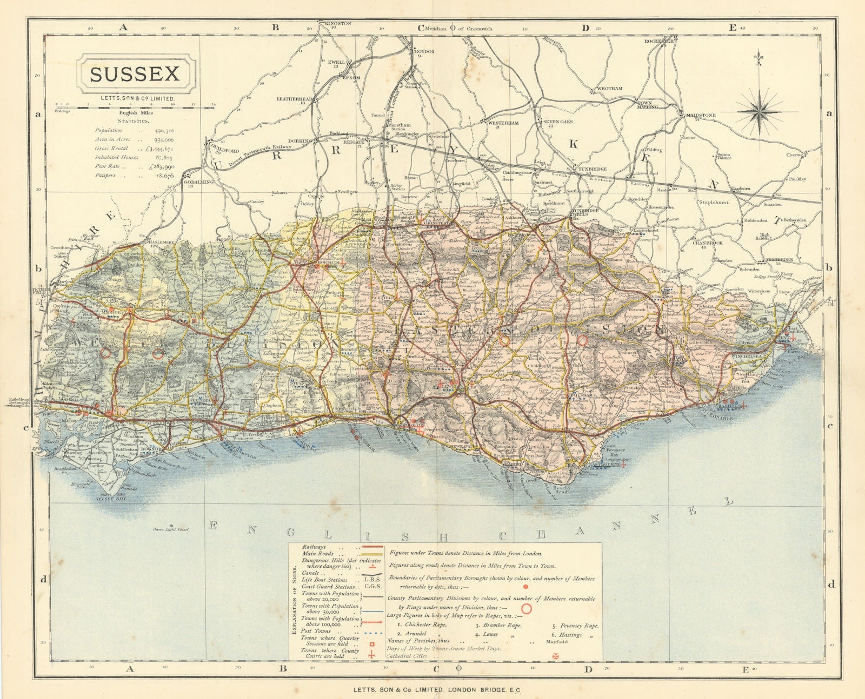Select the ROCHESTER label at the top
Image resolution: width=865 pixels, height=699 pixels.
659,41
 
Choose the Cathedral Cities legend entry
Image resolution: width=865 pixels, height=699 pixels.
407,656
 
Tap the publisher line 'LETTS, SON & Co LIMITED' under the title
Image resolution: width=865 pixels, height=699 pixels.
135,98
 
